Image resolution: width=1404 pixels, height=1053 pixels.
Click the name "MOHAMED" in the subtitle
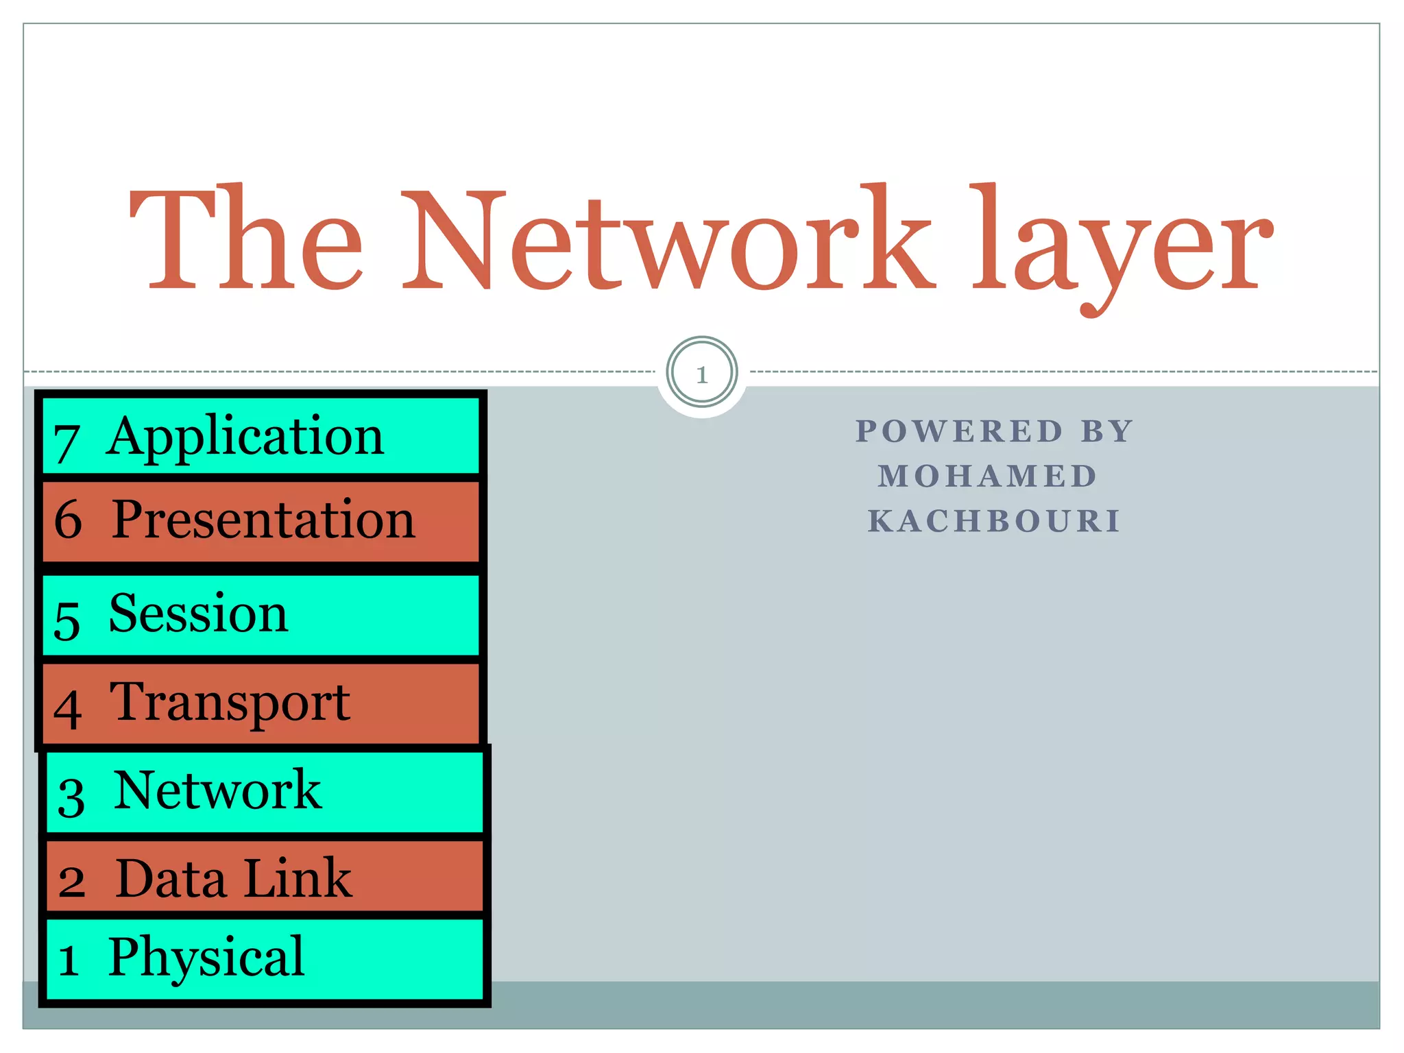click(x=988, y=476)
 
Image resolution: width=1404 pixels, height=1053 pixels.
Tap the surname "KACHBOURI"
click(x=994, y=521)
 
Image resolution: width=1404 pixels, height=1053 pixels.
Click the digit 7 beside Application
click(x=66, y=443)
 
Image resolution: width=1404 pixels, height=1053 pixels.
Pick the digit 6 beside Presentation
click(x=68, y=520)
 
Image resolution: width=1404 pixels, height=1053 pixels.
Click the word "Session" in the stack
click(x=198, y=614)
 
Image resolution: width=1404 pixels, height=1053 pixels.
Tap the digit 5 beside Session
click(x=67, y=620)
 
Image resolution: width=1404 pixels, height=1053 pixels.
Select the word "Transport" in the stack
click(x=230, y=703)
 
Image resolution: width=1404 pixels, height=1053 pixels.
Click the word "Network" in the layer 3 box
click(x=217, y=790)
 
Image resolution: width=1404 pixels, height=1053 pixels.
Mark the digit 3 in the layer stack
click(x=71, y=797)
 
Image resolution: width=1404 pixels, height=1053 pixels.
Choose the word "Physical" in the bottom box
click(x=206, y=958)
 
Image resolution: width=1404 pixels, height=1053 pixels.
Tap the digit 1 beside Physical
click(x=68, y=960)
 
